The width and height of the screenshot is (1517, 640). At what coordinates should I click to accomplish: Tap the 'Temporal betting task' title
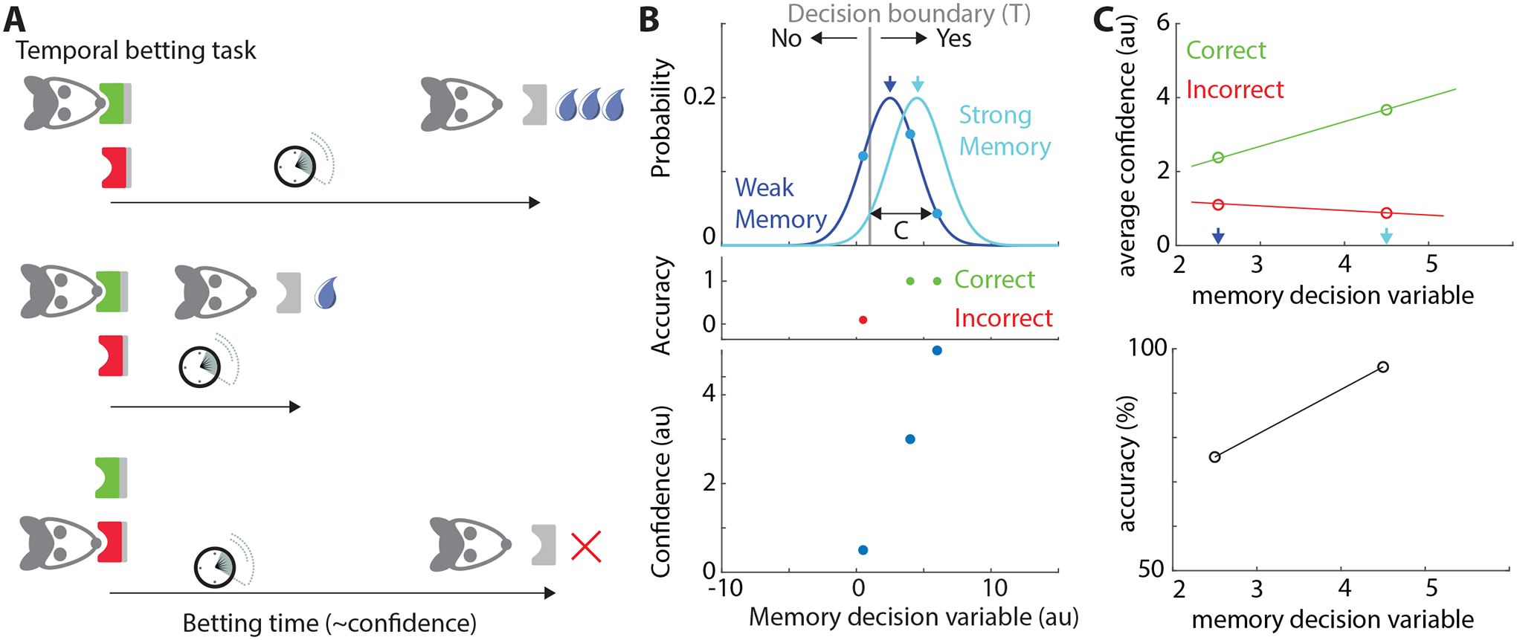[136, 51]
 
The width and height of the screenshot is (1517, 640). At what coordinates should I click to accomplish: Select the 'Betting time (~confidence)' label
[329, 623]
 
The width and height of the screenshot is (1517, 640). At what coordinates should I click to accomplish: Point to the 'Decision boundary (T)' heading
[909, 13]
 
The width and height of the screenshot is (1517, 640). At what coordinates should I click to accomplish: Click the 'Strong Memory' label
[1004, 131]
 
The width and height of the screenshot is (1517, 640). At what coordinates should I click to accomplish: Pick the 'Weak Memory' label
[780, 203]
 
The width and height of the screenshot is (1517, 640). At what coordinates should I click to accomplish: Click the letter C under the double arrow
[901, 231]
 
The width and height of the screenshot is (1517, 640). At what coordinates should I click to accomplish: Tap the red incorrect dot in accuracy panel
[863, 320]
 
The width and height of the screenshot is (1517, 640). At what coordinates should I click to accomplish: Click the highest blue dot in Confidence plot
[937, 350]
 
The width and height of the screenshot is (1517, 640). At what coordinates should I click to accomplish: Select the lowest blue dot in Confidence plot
[863, 550]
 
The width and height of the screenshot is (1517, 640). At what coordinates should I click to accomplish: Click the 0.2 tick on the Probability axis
[699, 97]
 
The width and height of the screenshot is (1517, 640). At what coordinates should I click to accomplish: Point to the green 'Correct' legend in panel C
[1225, 51]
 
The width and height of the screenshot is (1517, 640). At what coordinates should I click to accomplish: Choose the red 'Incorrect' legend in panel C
[1234, 90]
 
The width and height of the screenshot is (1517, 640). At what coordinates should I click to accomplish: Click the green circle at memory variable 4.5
[1386, 110]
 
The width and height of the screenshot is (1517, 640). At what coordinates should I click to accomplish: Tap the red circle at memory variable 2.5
[1218, 204]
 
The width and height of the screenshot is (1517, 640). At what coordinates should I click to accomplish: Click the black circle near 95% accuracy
[1383, 367]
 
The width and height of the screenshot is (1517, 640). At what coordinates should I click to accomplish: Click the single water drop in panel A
[326, 293]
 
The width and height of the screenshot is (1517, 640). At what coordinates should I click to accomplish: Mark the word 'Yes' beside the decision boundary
[953, 39]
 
